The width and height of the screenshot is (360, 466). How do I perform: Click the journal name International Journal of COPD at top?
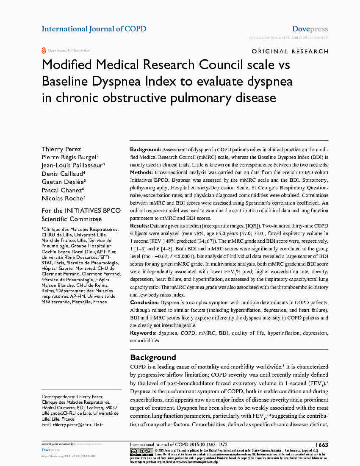click(x=94, y=29)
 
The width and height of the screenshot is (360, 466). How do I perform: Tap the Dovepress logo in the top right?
click(x=310, y=29)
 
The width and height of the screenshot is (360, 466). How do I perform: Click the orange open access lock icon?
click(x=44, y=50)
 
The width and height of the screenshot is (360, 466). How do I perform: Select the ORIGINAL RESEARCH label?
click(x=290, y=52)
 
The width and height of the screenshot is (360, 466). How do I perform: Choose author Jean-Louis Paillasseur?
click(x=72, y=166)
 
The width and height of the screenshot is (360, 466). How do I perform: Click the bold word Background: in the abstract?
click(x=145, y=150)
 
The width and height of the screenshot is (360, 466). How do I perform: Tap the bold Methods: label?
click(x=141, y=173)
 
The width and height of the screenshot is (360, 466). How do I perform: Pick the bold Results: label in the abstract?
click(x=139, y=226)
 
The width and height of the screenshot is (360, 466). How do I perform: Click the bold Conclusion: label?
click(x=144, y=302)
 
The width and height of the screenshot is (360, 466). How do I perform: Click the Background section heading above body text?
click(x=153, y=358)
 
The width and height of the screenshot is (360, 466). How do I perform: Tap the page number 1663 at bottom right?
click(x=322, y=445)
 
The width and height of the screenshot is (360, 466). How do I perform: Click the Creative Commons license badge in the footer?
click(x=141, y=452)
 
